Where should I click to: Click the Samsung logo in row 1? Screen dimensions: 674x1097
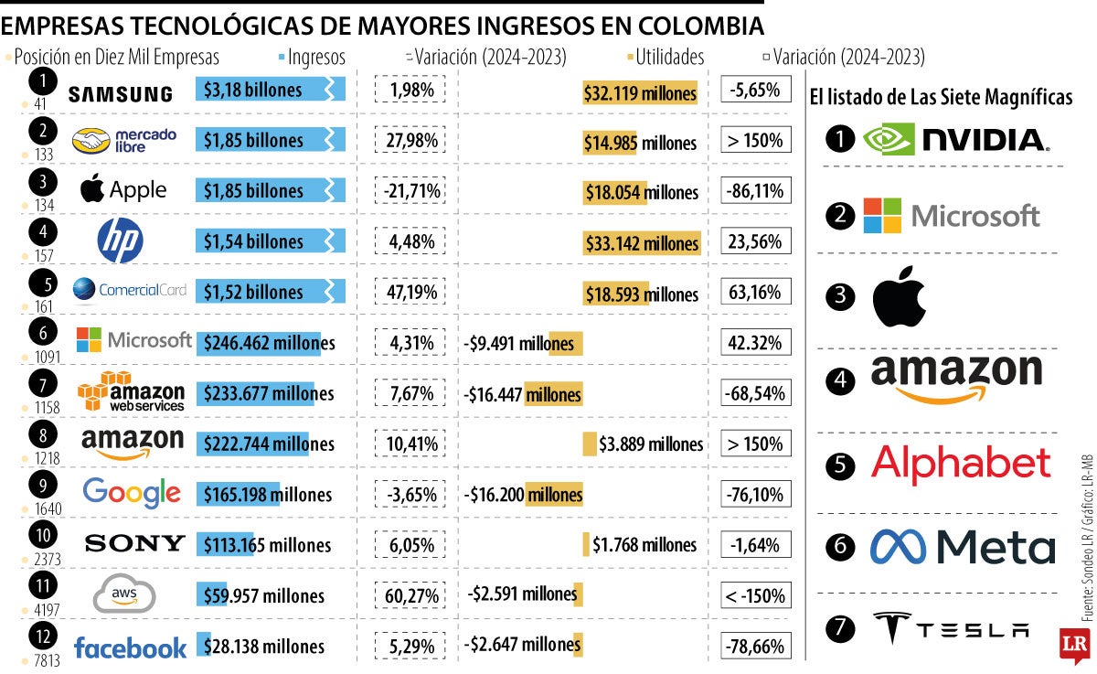coord(121,93)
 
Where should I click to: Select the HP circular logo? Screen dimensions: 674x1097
coord(121,242)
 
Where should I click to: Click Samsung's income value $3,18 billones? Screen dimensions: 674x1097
coord(253,90)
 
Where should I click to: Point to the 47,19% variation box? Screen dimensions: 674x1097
coord(411,293)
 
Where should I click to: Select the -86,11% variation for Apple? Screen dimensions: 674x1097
coord(755,192)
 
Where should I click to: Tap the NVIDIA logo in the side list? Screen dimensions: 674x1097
coord(956,140)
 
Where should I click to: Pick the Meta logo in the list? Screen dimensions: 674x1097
coord(962,547)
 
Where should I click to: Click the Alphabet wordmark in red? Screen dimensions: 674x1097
coord(960,465)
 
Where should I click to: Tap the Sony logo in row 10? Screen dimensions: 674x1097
coord(134,544)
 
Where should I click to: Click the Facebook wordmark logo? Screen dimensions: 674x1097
coord(130,648)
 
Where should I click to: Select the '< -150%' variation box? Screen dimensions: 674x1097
coord(755,596)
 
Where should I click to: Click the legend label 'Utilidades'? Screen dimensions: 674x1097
coord(669,57)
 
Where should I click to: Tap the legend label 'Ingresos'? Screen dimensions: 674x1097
coord(316,57)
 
